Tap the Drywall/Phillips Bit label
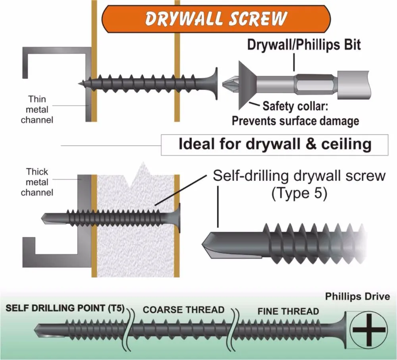click(x=304, y=45)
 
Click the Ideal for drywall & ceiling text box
click(x=274, y=144)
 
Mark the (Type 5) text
click(x=299, y=194)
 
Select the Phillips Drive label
click(x=357, y=297)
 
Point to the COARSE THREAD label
click(x=183, y=310)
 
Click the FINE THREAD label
click(x=288, y=311)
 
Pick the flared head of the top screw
click(x=214, y=83)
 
